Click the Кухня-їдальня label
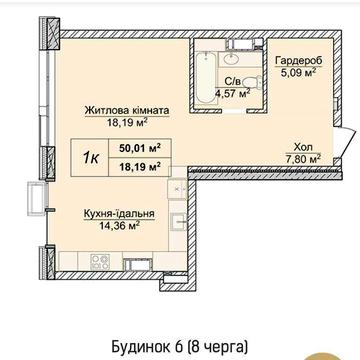click(112, 213)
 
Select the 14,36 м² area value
click(112, 225)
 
